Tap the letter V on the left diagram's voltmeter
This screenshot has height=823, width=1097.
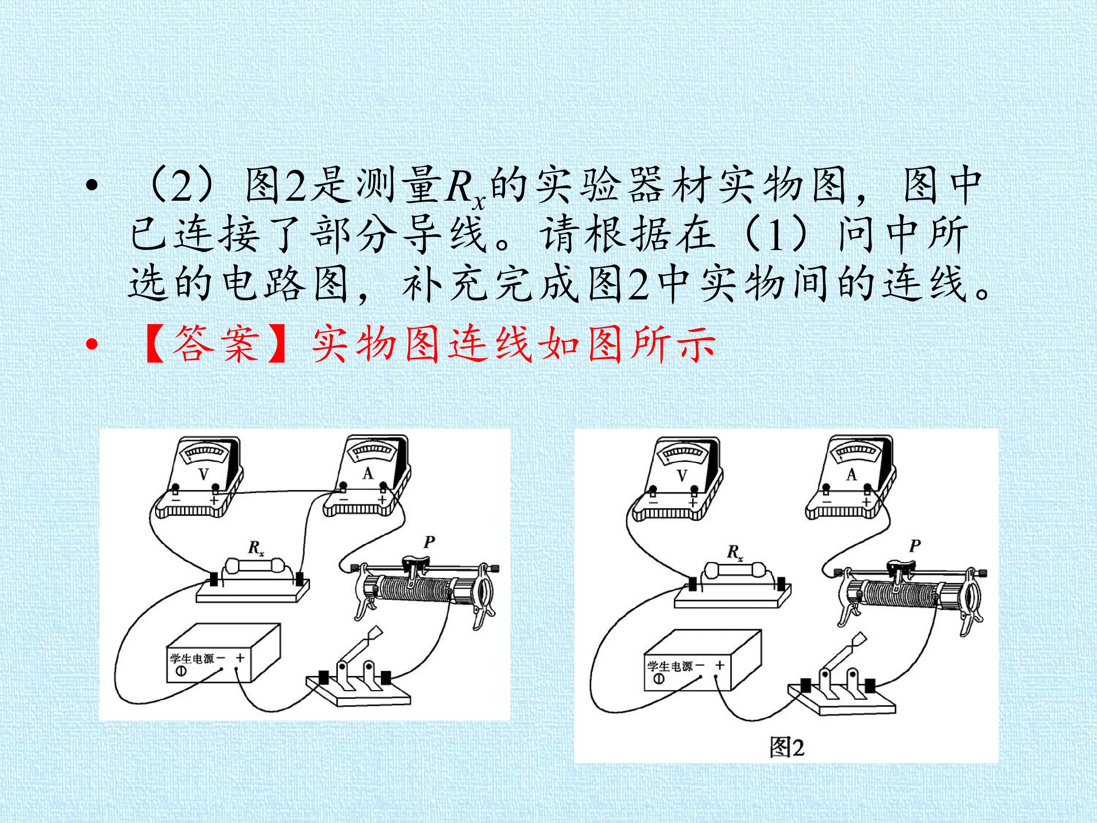tap(204, 474)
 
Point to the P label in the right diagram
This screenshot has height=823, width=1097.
tap(915, 546)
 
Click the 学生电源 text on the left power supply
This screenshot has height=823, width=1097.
tap(192, 659)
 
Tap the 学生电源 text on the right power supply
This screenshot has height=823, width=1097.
tap(670, 666)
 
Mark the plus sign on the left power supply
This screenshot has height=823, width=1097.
tap(240, 658)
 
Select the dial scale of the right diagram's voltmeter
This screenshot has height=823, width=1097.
tap(683, 452)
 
